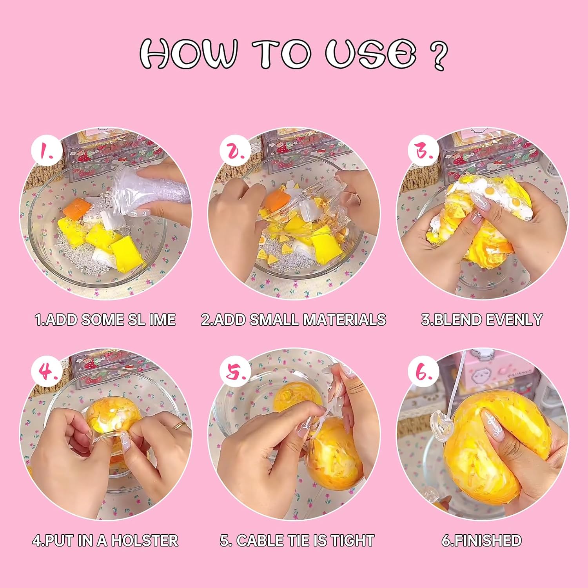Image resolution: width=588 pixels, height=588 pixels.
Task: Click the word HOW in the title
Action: pyautogui.click(x=188, y=54)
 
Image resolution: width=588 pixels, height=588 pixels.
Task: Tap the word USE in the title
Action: pyautogui.click(x=370, y=54)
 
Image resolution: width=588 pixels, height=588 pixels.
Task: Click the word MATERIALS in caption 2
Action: pyautogui.click(x=345, y=320)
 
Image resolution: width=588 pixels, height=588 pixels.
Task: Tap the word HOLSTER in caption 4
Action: pyautogui.click(x=145, y=541)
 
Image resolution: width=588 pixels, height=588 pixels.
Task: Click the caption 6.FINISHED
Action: pyautogui.click(x=482, y=541)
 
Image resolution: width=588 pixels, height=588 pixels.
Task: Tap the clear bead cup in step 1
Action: pyautogui.click(x=137, y=192)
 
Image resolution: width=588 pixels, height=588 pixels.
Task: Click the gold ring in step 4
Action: pyautogui.click(x=180, y=426)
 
